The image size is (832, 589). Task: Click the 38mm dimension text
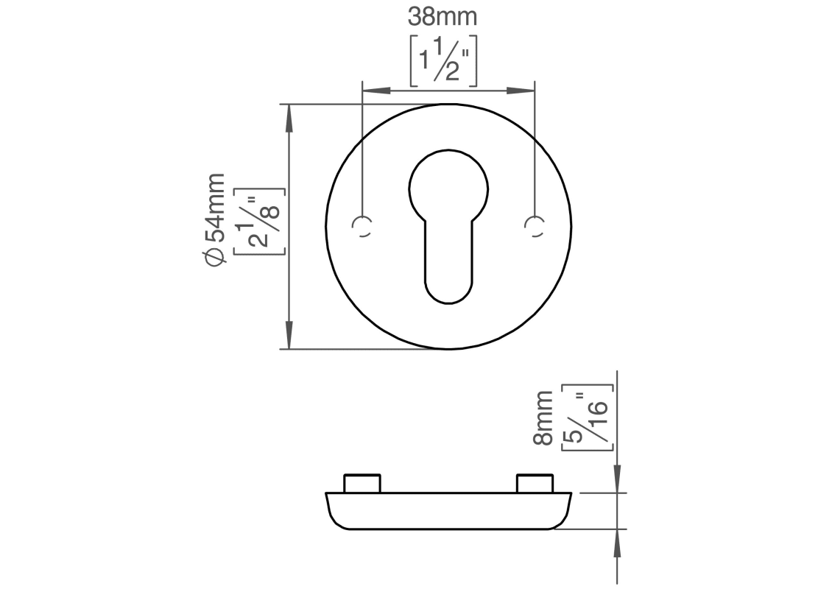pos(443,17)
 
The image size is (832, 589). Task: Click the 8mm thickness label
pos(543,417)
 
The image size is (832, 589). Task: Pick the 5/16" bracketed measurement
pos(588,417)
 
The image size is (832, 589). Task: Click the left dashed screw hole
pos(362,227)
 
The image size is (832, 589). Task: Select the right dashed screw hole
pos(535,227)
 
